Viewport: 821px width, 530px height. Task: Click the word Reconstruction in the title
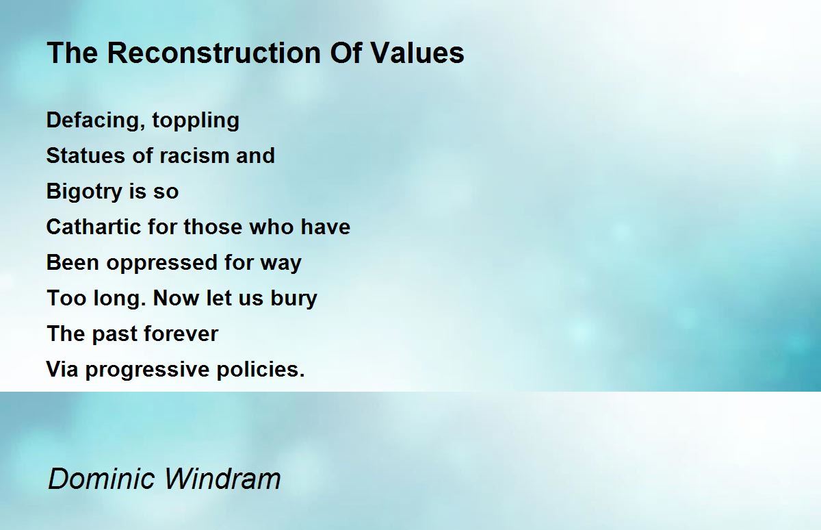(x=214, y=53)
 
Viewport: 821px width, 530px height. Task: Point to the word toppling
(x=196, y=121)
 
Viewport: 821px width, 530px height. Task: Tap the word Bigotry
(x=84, y=192)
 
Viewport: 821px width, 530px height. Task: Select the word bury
(x=294, y=299)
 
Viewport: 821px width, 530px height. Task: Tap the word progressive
(x=147, y=370)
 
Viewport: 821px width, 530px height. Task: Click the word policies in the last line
(x=261, y=370)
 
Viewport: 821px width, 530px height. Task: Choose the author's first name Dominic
(x=101, y=478)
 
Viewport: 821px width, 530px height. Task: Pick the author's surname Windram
(x=222, y=478)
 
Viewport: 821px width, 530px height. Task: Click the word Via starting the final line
(x=62, y=369)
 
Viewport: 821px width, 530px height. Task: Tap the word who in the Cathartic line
(x=271, y=226)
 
